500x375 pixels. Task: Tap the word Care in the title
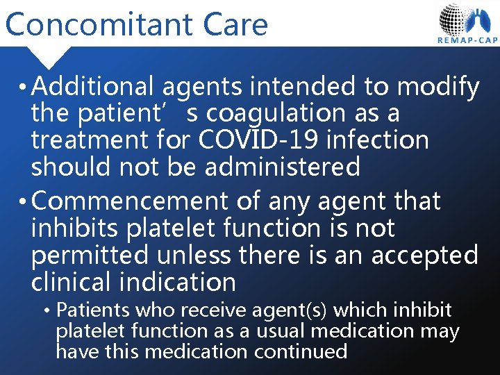click(x=236, y=24)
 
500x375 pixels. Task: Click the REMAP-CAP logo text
click(x=467, y=40)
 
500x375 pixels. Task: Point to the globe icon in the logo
click(x=455, y=19)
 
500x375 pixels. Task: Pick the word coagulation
click(x=284, y=113)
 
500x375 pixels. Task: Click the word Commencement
click(x=129, y=201)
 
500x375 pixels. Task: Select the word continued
click(x=301, y=351)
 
